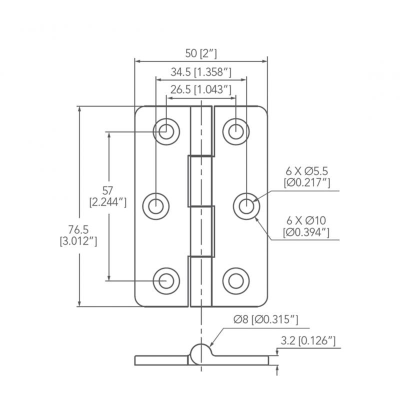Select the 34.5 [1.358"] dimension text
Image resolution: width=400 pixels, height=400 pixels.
[200, 72]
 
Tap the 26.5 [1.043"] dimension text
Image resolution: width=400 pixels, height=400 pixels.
[200, 90]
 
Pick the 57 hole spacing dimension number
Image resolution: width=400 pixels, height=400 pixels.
[107, 190]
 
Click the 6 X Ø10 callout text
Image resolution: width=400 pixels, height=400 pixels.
[306, 220]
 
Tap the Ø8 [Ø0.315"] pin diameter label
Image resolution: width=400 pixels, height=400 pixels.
[266, 319]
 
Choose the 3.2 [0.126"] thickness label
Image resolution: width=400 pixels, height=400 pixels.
[307, 341]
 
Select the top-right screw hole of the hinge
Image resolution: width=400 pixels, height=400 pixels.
[235, 131]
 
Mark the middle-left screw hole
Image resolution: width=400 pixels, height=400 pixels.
[156, 205]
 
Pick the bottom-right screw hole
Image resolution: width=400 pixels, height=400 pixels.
[235, 280]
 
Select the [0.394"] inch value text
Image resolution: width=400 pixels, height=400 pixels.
[306, 232]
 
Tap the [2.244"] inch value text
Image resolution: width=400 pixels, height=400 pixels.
[107, 202]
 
